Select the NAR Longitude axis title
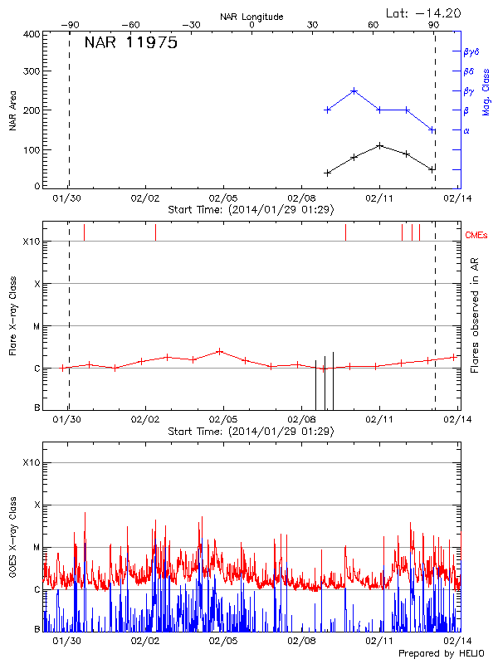[251, 16]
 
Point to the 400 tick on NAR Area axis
[32, 35]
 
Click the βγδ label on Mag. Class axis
[471, 51]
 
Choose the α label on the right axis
[466, 130]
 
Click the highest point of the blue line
[354, 91]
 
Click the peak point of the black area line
[379, 145]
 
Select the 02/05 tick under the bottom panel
[223, 641]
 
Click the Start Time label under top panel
[251, 210]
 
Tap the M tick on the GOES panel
[37, 548]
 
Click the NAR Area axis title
[12, 110]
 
